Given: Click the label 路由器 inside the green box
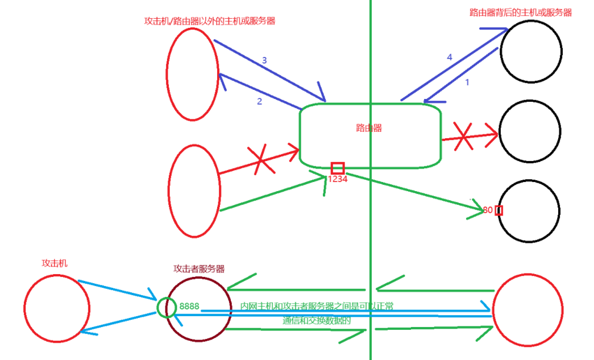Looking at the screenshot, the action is click(369, 128).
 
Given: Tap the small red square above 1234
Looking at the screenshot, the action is click(338, 168).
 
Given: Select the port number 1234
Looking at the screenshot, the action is click(337, 179).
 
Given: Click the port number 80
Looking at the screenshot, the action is click(488, 210).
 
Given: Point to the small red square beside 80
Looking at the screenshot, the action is click(499, 210).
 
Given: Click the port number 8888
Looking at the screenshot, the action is click(189, 307).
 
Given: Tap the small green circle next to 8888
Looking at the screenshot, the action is click(167, 308).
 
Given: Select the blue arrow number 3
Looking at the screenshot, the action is click(264, 60).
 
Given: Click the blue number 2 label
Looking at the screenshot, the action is click(259, 101).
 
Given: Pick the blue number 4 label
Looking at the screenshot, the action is click(450, 57).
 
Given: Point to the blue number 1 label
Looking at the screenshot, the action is click(467, 82).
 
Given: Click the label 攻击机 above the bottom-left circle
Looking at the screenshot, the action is click(55, 264).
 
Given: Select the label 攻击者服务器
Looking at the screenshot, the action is click(199, 269).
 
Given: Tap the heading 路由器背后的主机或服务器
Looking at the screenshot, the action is click(521, 12).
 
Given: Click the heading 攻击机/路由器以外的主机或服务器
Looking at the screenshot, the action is click(210, 21).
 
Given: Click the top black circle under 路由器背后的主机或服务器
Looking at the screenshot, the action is click(531, 51).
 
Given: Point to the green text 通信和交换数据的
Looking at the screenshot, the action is click(317, 320).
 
